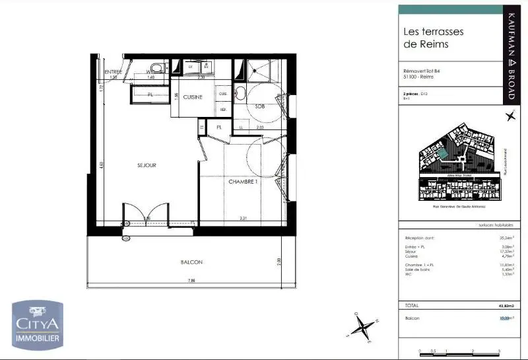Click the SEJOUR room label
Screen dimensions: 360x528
point(147,166)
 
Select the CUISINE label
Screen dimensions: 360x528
point(192,97)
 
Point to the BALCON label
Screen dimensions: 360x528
point(191,262)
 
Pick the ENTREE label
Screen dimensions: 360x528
point(114,71)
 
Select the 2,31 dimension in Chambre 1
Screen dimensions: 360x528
point(243,218)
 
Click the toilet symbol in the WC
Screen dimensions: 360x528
point(157,68)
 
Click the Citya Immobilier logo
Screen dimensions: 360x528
point(38,324)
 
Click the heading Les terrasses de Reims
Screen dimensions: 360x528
point(434,38)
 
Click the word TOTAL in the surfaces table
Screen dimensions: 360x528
point(412,306)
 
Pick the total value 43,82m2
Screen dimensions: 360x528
point(504,306)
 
